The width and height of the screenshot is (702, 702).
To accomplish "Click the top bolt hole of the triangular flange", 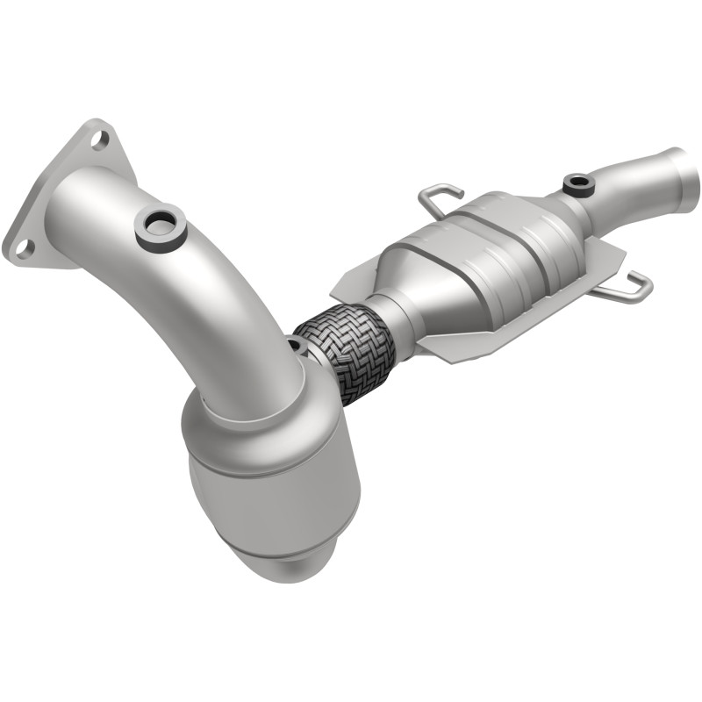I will tap(99, 138).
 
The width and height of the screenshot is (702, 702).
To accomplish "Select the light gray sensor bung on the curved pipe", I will tap(159, 226).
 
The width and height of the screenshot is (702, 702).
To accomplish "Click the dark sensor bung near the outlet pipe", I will tap(578, 185).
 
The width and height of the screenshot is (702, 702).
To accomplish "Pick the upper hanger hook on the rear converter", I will tap(441, 197).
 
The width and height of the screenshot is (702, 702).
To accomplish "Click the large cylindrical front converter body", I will tap(272, 491).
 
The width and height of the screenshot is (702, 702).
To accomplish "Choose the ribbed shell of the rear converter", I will tap(509, 246).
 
